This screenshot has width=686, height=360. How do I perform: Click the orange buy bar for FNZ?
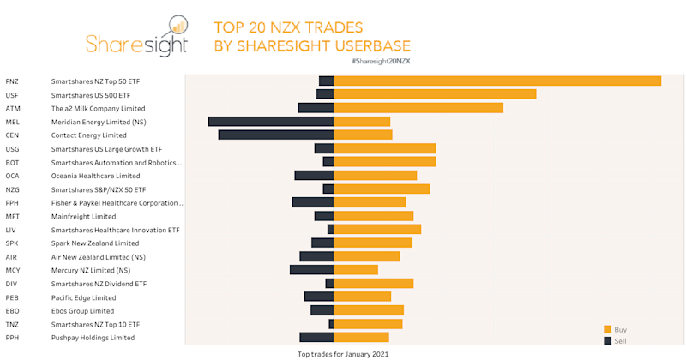pos(496,81)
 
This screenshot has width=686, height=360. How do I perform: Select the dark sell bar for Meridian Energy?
pos(270,122)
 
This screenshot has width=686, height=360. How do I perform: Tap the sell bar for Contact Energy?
pos(275,135)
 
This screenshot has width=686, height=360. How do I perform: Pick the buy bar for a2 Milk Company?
pos(418,108)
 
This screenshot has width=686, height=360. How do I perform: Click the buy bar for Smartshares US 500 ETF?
pos(434,94)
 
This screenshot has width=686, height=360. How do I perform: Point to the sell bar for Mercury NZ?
pos(311,270)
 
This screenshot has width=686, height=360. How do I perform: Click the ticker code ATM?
pos(13,109)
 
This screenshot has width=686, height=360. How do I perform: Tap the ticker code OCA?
pos(13,176)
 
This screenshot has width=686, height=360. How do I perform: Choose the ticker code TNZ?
pos(13,324)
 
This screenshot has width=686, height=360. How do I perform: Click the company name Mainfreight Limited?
pos(83,216)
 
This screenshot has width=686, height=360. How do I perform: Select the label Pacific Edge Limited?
pos(83,297)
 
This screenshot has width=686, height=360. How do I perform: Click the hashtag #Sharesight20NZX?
pos(381,62)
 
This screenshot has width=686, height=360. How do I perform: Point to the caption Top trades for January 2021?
pos(343,353)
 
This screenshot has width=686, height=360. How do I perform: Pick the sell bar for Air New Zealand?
pos(316,256)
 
